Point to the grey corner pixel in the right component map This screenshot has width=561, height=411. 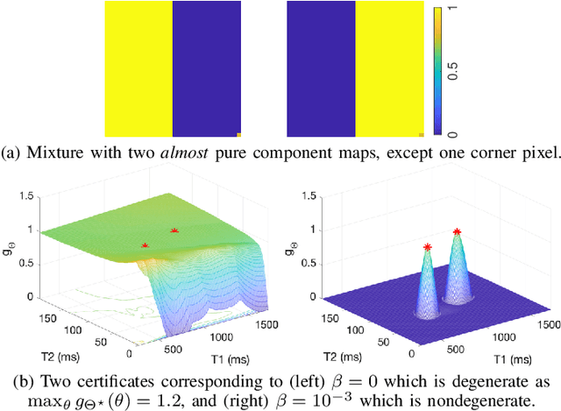422,135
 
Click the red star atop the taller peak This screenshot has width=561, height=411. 457,232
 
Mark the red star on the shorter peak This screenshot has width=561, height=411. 427,248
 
